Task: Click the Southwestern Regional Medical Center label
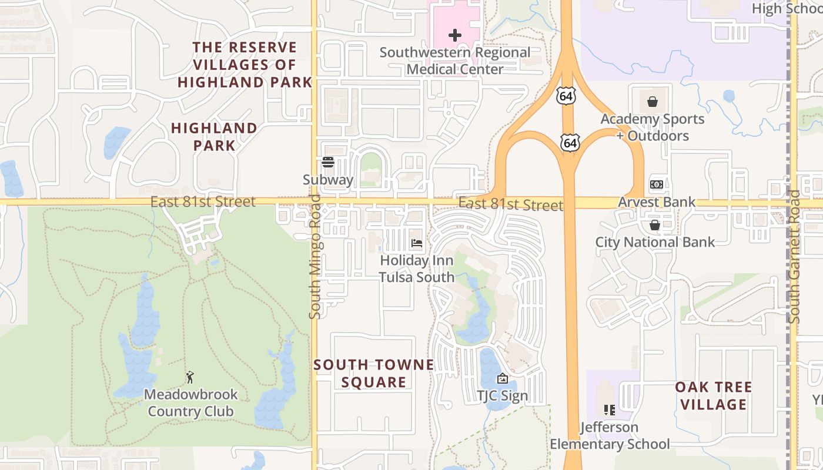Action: click(x=455, y=61)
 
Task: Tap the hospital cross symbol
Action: click(x=454, y=35)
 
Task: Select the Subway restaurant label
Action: click(x=328, y=180)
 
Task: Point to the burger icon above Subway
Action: click(x=328, y=162)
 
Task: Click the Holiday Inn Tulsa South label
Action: click(x=417, y=268)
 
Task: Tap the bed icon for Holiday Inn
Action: click(x=417, y=243)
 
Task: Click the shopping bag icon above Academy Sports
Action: click(x=653, y=102)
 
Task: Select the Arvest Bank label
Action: click(x=657, y=202)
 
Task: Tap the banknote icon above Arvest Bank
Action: click(x=657, y=184)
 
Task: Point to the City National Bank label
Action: click(x=655, y=242)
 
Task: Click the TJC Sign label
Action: click(x=502, y=396)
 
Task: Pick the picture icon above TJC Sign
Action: click(x=502, y=378)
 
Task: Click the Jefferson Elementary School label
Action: click(x=610, y=435)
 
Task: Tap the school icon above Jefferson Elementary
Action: click(x=610, y=409)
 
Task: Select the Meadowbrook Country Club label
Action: click(x=190, y=402)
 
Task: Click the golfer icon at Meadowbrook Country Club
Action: click(x=190, y=377)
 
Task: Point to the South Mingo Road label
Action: click(x=315, y=256)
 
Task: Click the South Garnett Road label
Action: click(x=794, y=256)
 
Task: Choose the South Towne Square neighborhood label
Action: click(x=374, y=374)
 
